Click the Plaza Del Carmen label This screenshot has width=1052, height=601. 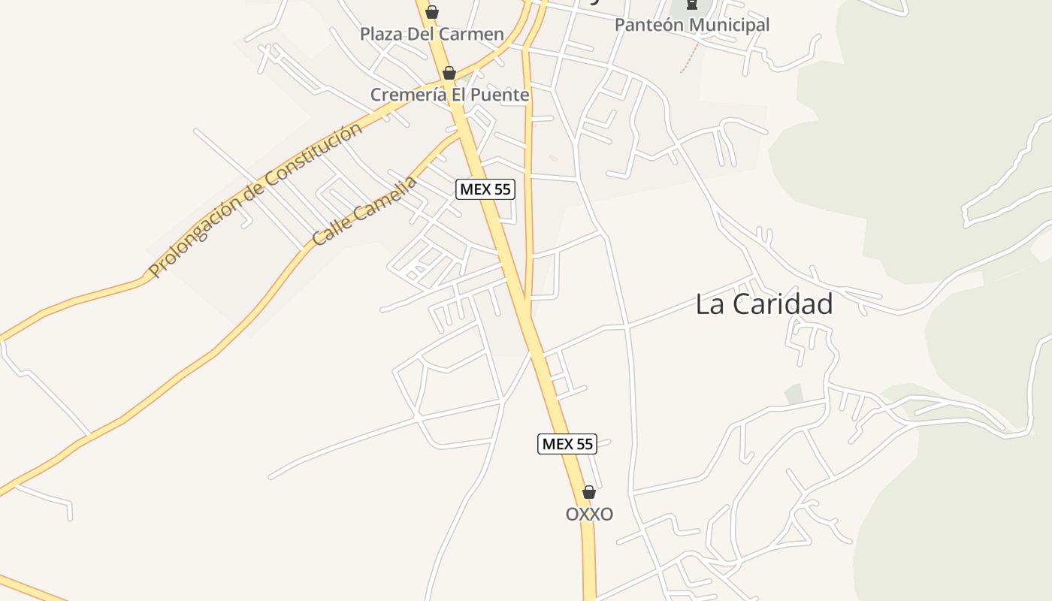[x=431, y=34]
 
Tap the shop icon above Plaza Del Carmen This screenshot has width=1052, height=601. [x=432, y=12]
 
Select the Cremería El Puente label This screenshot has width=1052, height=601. [x=449, y=95]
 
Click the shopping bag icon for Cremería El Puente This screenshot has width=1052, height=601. [x=449, y=73]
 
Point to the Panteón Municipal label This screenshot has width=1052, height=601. [x=692, y=25]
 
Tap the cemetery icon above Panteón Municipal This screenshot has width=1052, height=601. [x=692, y=5]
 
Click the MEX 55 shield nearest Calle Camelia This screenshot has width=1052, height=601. [x=485, y=189]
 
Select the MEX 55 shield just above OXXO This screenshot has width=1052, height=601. [x=568, y=444]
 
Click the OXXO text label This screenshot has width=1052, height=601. [x=589, y=514]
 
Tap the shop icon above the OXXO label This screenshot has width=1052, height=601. [x=589, y=492]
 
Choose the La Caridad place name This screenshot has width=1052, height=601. [x=763, y=304]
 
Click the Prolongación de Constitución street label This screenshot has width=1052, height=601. [x=255, y=199]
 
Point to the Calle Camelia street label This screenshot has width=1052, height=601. [x=364, y=211]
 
